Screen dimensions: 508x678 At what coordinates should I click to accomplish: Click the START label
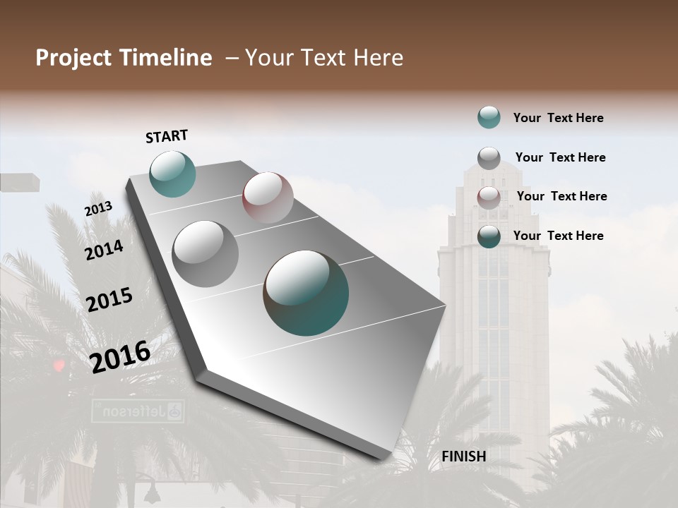click(x=167, y=136)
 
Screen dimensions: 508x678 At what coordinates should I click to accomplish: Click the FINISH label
click(x=463, y=456)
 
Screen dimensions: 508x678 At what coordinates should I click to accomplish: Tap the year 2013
click(x=98, y=209)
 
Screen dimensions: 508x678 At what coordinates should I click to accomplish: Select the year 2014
click(x=104, y=250)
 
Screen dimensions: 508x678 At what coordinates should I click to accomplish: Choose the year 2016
click(x=120, y=356)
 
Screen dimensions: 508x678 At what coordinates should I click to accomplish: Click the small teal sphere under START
click(x=172, y=174)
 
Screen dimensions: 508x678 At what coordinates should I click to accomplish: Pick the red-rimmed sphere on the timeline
click(x=268, y=198)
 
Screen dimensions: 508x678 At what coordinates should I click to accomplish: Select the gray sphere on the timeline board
click(x=206, y=254)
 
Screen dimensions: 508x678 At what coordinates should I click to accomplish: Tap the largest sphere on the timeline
click(x=306, y=293)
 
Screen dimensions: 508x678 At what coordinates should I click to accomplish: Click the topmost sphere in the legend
click(x=489, y=117)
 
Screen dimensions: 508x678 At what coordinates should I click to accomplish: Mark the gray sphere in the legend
click(x=489, y=158)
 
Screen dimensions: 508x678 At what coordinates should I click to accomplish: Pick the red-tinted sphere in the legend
click(x=489, y=198)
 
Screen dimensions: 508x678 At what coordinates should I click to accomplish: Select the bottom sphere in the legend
click(x=489, y=236)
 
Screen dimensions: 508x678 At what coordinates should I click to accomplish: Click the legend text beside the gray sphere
click(x=560, y=157)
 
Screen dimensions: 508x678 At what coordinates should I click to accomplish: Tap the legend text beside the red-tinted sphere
click(x=561, y=196)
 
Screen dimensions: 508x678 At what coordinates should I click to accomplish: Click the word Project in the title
click(x=73, y=58)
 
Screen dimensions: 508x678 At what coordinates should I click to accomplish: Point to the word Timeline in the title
click(x=166, y=58)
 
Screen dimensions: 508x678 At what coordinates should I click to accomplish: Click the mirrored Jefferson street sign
click(x=138, y=411)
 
